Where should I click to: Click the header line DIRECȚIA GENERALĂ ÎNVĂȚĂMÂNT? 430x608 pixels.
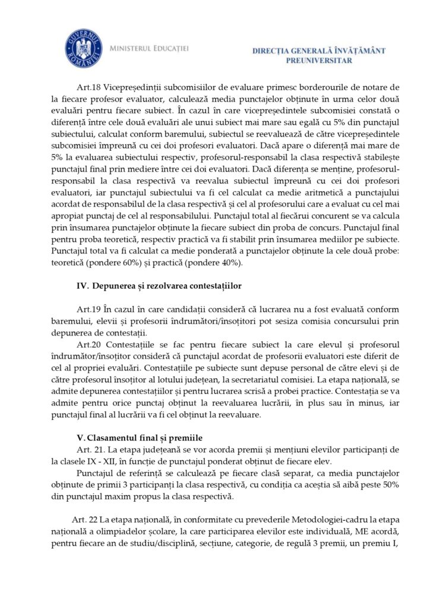pyautogui.click(x=319, y=51)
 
